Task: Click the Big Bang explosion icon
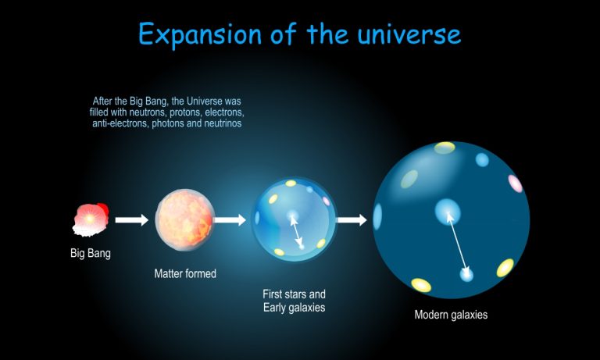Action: pyautogui.click(x=91, y=219)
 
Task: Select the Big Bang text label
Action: pyautogui.click(x=91, y=253)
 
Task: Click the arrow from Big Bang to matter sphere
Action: pyautogui.click(x=131, y=220)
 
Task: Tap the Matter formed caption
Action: pyautogui.click(x=185, y=274)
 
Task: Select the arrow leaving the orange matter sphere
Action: pyautogui.click(x=230, y=220)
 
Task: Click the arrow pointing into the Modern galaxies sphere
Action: pyautogui.click(x=352, y=220)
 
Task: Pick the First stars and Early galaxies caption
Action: pyautogui.click(x=294, y=301)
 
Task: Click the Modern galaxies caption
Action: pyautogui.click(x=451, y=315)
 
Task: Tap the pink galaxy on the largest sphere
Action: pyautogui.click(x=515, y=184)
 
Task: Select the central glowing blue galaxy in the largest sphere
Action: pyautogui.click(x=448, y=209)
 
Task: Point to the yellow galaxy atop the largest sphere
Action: pyautogui.click(x=445, y=147)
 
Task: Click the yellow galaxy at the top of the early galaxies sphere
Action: pyautogui.click(x=291, y=184)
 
